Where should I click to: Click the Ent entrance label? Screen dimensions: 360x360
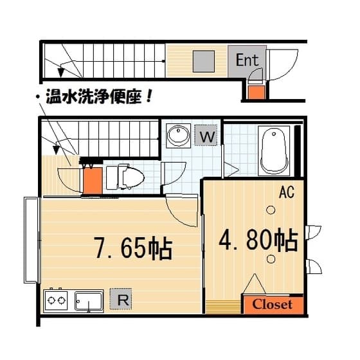pyautogui.click(x=247, y=60)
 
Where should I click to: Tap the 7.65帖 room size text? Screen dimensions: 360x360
pyautogui.click(x=133, y=249)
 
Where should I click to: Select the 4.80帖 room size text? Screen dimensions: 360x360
pyautogui.click(x=258, y=239)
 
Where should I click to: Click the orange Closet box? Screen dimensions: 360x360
pyautogui.click(x=273, y=305)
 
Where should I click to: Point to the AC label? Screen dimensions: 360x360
pyautogui.click(x=286, y=192)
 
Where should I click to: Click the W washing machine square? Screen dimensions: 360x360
pyautogui.click(x=206, y=135)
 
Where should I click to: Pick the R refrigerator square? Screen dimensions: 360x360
pyautogui.click(x=121, y=299)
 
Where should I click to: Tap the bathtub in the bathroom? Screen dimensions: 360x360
pyautogui.click(x=274, y=150)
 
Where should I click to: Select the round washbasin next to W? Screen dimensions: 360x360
pyautogui.click(x=179, y=136)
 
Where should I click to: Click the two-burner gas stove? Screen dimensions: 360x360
pyautogui.click(x=56, y=300)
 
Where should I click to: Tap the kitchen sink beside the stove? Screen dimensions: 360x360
pyautogui.click(x=89, y=301)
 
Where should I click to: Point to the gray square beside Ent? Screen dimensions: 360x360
pyautogui.click(x=203, y=61)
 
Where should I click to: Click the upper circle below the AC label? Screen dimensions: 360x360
pyautogui.click(x=271, y=210)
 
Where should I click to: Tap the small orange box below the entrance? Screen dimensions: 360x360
pyautogui.click(x=256, y=92)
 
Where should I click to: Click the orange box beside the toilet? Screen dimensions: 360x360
pyautogui.click(x=93, y=181)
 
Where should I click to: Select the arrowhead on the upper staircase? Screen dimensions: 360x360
pyautogui.click(x=60, y=72)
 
